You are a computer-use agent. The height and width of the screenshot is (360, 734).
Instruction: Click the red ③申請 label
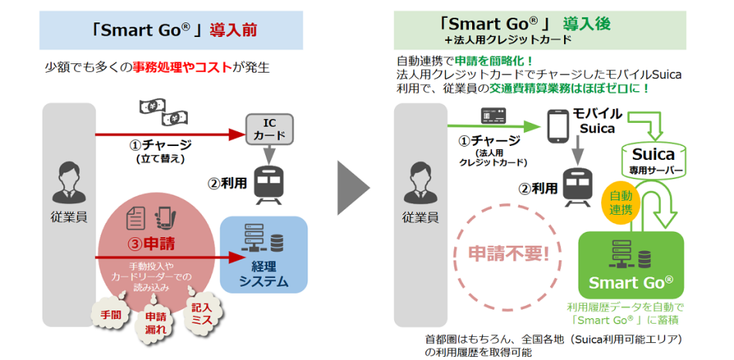(151, 244)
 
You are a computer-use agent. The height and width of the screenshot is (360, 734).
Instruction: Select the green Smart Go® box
(632, 267)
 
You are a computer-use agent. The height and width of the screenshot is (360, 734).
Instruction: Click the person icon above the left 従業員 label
(67, 183)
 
